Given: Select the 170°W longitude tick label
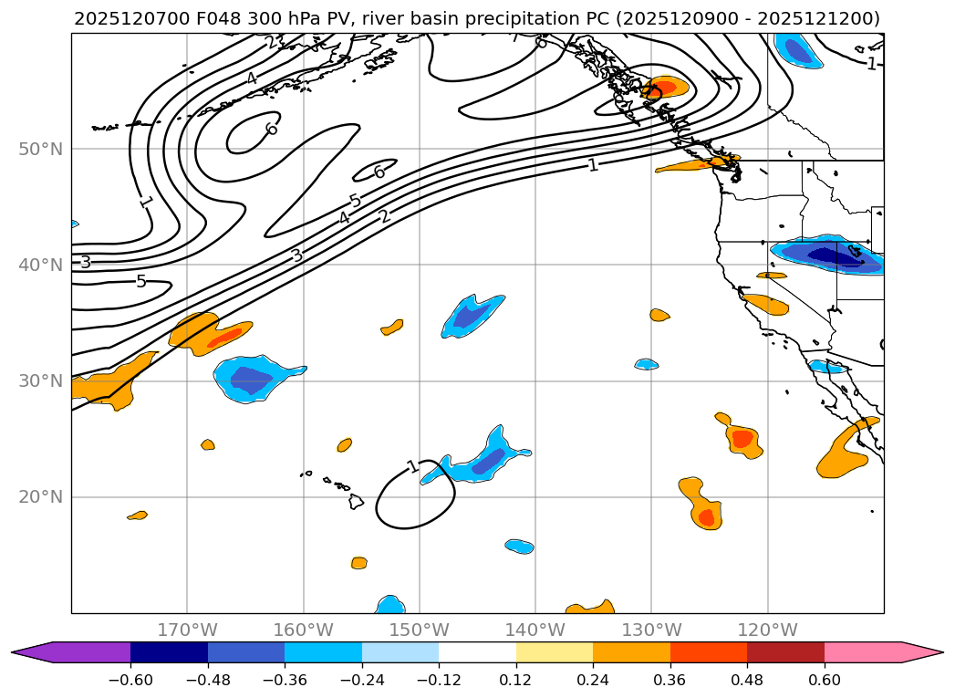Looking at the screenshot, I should [187, 630].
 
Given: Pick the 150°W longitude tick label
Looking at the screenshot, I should [420, 630].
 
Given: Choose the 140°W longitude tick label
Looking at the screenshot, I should [535, 630].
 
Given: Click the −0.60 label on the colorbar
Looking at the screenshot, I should [130, 680].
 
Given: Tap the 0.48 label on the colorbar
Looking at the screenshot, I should [747, 680].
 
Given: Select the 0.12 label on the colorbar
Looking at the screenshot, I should [516, 680].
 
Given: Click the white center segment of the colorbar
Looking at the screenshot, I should [477, 652].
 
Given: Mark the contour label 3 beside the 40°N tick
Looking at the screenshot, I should [85, 263].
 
